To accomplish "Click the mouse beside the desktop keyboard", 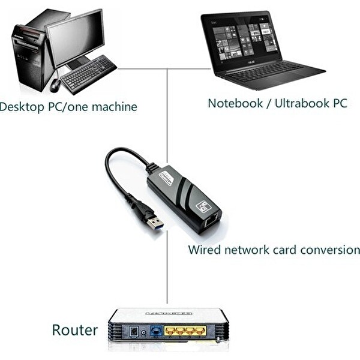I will coord(55,85).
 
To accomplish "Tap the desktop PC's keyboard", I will coord(88,74).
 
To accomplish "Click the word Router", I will coord(74,329).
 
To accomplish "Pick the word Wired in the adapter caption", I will coord(204,250).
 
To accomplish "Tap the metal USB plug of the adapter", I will coord(155,223).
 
